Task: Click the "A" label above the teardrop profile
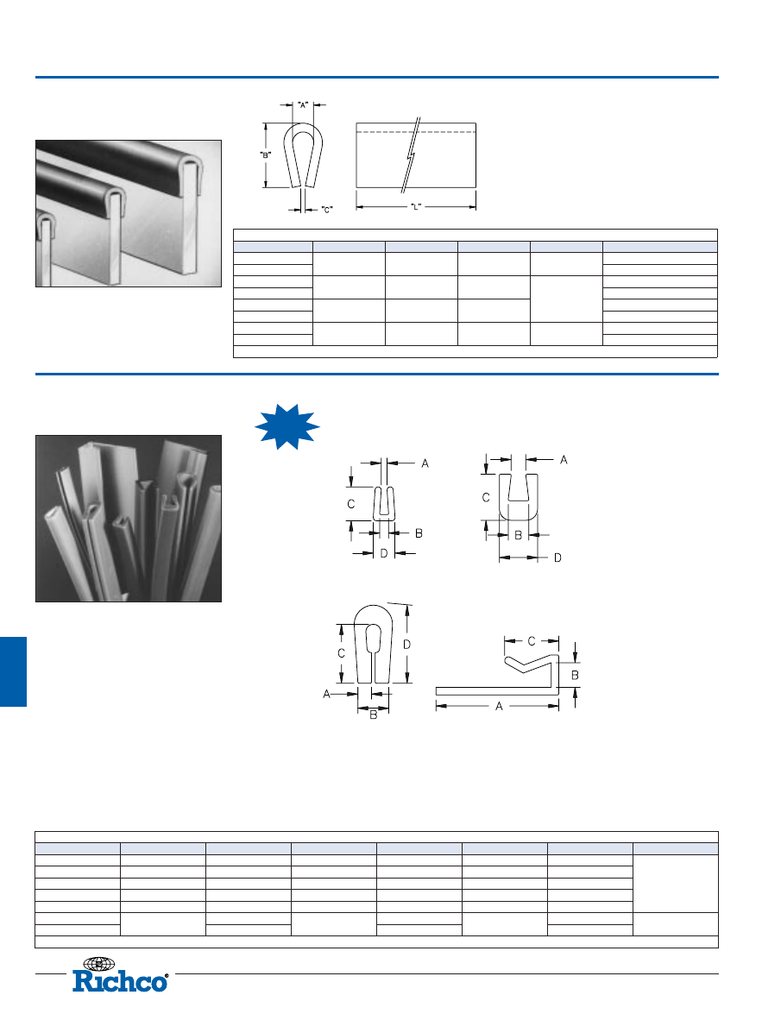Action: point(303,104)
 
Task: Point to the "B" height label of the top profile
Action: point(266,155)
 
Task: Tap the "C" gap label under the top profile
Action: point(327,210)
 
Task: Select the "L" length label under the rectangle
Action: point(416,207)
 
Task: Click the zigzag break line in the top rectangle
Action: point(411,155)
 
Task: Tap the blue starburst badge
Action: point(287,426)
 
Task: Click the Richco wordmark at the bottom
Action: point(120,981)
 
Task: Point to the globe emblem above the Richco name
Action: point(99,964)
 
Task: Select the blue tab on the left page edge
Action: point(13,671)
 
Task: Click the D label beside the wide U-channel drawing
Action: point(557,557)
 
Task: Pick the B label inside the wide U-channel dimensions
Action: point(518,535)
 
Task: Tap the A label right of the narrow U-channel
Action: point(425,463)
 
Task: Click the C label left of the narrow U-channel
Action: point(351,504)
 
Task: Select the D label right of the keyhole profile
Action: point(406,644)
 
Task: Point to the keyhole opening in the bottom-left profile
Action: point(374,638)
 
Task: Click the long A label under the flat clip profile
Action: point(499,706)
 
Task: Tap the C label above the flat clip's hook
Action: point(532,641)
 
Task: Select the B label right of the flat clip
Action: point(575,675)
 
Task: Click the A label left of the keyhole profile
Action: point(326,694)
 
